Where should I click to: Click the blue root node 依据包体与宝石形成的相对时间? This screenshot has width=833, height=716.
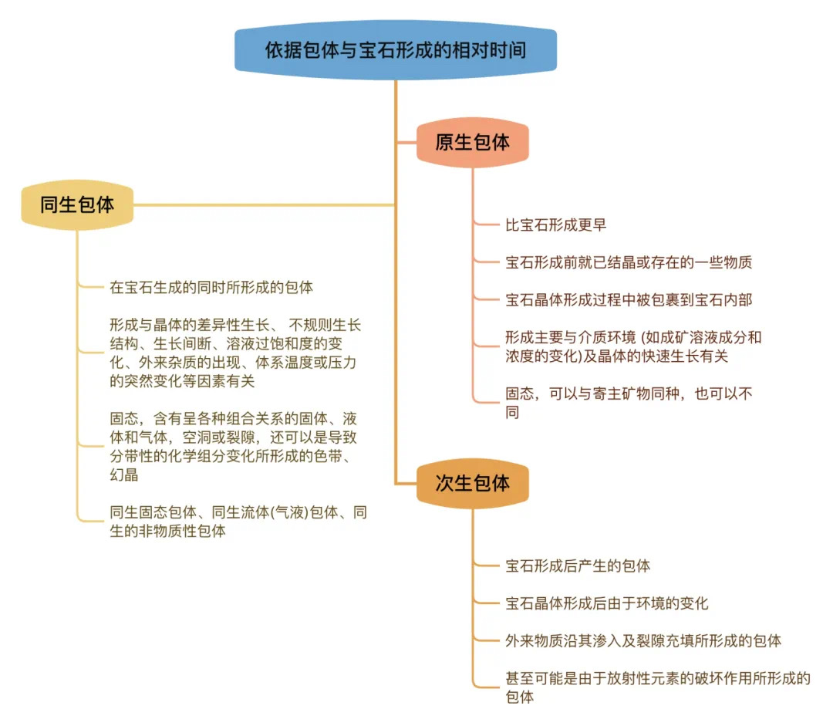(x=396, y=50)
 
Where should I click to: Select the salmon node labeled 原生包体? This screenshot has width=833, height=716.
(x=473, y=143)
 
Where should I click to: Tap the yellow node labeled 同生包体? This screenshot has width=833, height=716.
(x=77, y=204)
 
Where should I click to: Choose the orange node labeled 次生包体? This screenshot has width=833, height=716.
(x=473, y=483)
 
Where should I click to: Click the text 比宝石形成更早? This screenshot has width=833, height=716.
(x=555, y=225)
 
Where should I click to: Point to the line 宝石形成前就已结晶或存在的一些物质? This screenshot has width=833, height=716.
(x=629, y=262)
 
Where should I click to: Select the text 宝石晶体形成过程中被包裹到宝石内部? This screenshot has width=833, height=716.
(x=629, y=300)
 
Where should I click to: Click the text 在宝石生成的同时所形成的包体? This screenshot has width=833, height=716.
(x=211, y=288)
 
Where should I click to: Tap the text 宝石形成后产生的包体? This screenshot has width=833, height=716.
(x=578, y=566)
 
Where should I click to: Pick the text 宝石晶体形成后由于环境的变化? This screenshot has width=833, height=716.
(x=607, y=603)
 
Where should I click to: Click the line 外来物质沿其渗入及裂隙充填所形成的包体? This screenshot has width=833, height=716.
(x=643, y=640)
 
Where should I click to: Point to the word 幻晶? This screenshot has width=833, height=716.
(x=123, y=475)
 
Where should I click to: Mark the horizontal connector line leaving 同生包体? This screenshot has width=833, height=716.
(x=264, y=204)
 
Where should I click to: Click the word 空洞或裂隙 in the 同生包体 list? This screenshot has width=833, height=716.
(x=219, y=437)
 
